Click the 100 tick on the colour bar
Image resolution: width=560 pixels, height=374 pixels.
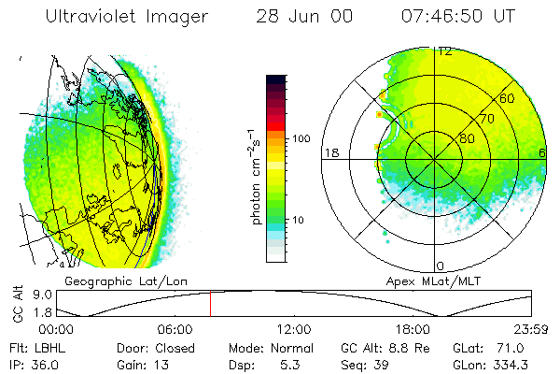301,138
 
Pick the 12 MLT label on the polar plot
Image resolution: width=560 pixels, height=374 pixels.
445,51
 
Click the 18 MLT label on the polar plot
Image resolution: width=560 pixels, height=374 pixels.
330,152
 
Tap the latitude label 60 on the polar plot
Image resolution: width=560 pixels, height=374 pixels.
507,98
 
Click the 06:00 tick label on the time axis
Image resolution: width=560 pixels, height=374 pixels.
175,329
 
